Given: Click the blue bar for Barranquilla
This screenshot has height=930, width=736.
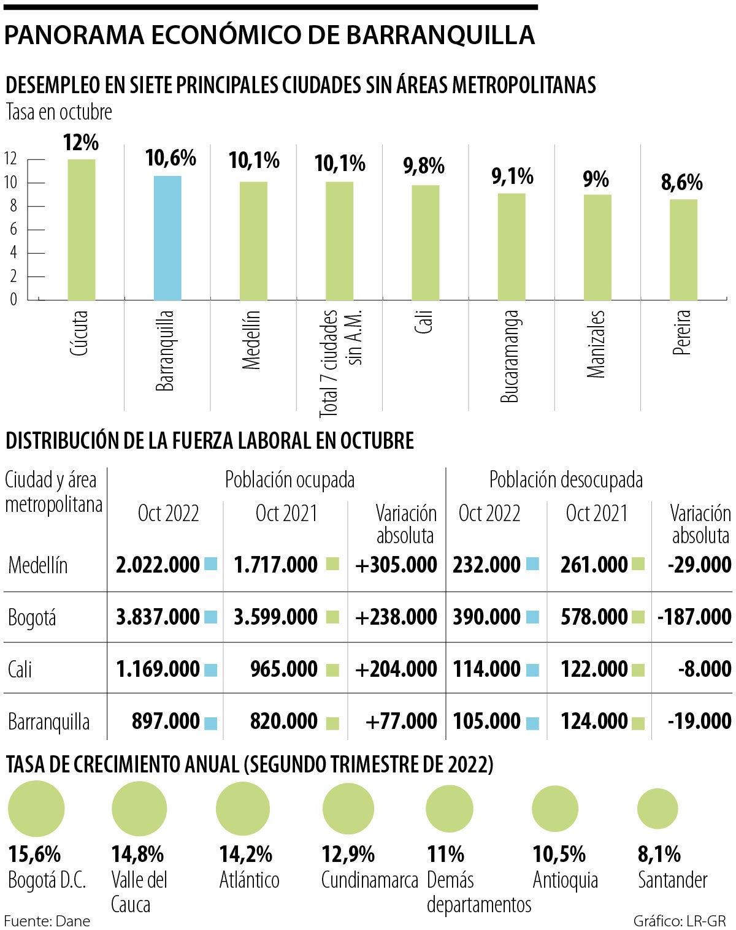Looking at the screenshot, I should (x=167, y=238).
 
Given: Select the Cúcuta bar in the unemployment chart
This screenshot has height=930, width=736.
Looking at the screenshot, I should (x=82, y=230).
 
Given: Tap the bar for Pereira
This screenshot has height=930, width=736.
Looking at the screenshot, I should (x=683, y=250).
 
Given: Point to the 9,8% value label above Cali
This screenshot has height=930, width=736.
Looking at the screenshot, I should (x=424, y=166).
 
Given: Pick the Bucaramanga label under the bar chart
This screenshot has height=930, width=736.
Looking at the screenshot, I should (x=510, y=356).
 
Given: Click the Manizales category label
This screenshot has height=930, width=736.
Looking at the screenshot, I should (x=596, y=344).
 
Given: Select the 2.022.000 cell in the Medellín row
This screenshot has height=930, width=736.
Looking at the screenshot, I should (x=158, y=565).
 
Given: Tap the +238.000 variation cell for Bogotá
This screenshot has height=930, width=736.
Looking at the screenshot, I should (x=396, y=617).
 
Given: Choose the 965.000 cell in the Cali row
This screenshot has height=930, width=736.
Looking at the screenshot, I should (x=284, y=669).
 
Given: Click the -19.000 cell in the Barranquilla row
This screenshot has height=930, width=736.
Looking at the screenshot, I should (x=700, y=721).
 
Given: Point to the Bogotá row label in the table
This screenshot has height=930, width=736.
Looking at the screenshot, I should (x=32, y=617).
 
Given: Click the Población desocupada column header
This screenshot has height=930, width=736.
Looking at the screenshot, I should (x=565, y=479).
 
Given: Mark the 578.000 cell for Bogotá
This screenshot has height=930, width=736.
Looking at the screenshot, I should (x=594, y=617).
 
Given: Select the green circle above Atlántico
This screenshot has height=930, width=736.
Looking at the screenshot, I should (x=243, y=809).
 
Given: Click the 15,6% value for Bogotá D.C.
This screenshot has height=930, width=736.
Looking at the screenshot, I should (x=34, y=853).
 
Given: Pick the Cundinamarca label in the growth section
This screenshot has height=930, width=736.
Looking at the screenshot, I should (x=369, y=880).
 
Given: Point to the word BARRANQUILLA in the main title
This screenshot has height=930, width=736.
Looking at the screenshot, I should (x=440, y=36).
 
